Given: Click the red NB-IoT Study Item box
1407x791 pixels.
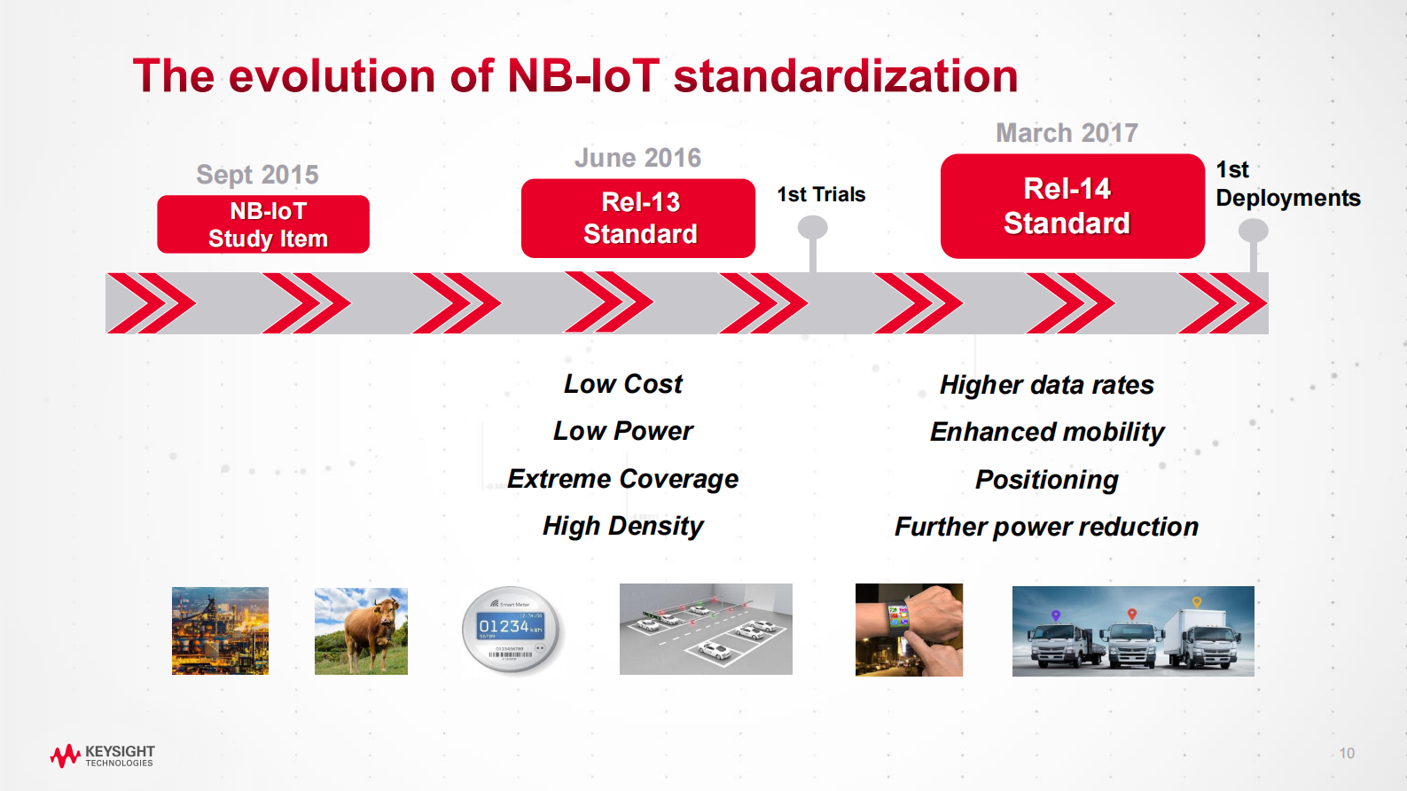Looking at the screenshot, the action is (263, 224).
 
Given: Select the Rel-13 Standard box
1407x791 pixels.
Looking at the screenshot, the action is (638, 218).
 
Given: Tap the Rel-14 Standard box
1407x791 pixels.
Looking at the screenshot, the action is (1072, 206).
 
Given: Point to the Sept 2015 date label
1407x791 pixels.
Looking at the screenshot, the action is (257, 174).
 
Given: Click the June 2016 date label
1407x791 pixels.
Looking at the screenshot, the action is (637, 158).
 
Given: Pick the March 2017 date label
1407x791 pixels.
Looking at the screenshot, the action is (1067, 132).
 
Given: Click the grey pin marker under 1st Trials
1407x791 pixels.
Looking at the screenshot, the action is (813, 242).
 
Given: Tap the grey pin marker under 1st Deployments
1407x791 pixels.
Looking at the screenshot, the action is (1253, 245).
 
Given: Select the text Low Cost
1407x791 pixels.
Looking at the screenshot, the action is (622, 384).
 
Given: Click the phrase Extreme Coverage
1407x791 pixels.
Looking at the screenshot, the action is (622, 479).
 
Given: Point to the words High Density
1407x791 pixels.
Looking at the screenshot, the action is (622, 527).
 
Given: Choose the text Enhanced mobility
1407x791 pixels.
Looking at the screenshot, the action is (1047, 432).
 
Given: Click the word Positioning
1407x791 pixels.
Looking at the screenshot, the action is (1047, 480).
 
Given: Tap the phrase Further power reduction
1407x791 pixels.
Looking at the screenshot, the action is (1046, 527).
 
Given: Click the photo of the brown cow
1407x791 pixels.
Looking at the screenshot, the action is (361, 631).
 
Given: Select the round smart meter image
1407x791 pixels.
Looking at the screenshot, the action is (511, 630).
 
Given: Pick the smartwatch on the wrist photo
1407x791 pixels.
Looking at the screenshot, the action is (909, 630).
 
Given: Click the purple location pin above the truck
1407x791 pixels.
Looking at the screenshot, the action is (1056, 615).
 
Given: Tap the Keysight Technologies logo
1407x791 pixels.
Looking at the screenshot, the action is (102, 756).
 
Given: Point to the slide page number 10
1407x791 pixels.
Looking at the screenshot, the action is (1347, 753).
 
